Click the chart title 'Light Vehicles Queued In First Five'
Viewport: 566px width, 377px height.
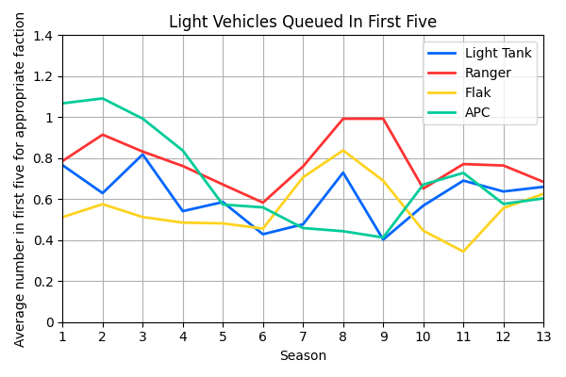pyautogui.click(x=302, y=22)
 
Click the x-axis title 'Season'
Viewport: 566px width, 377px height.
pyautogui.click(x=302, y=356)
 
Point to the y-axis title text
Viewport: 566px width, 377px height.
pyautogui.click(x=21, y=179)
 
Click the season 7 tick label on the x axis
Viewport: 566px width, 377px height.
pyautogui.click(x=303, y=336)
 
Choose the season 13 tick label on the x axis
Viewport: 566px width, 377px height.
pyautogui.click(x=543, y=336)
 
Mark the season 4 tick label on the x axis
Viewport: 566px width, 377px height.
pyautogui.click(x=183, y=336)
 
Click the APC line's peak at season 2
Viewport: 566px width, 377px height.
pyautogui.click(x=103, y=99)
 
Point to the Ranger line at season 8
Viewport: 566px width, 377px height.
pyautogui.click(x=343, y=119)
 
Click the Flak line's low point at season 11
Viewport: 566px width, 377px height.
pyautogui.click(x=463, y=252)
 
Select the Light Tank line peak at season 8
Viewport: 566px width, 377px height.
pyautogui.click(x=343, y=172)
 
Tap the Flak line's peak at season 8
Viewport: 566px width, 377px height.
pyautogui.click(x=343, y=151)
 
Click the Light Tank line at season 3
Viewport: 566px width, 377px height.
pyautogui.click(x=142, y=155)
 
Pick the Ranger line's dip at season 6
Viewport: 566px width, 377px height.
pyautogui.click(x=263, y=203)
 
